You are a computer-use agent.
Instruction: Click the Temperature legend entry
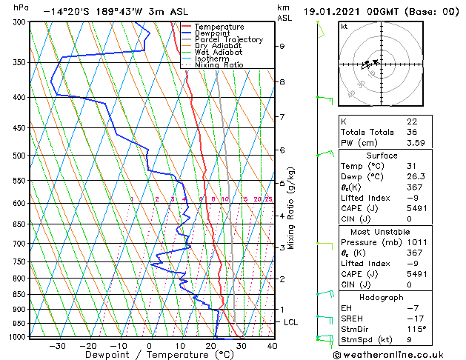pos(219,27)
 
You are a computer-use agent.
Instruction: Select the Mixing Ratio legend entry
pos(219,65)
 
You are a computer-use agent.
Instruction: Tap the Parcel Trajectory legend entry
pos(228,39)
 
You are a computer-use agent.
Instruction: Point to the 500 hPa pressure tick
pos(17,156)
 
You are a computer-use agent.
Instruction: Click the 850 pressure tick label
pos(17,294)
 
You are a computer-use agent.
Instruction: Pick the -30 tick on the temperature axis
pos(57,345)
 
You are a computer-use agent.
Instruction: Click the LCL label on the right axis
pos(291,322)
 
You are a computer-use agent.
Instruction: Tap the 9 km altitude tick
pos(282,46)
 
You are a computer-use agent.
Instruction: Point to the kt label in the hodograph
pos(344,27)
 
